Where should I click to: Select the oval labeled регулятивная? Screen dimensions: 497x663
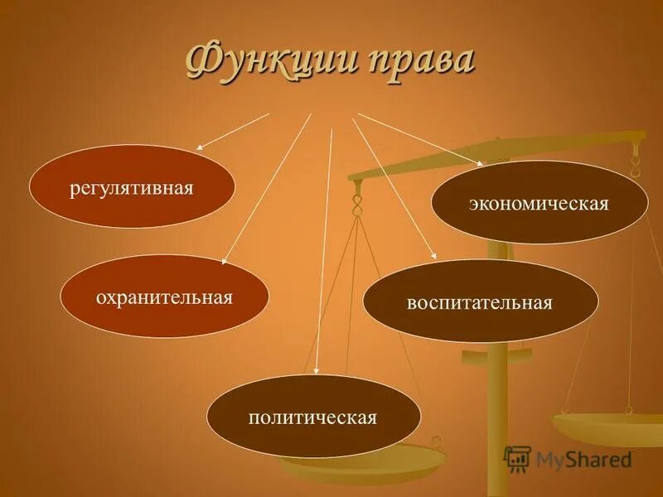132,186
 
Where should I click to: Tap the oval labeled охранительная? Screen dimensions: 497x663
164,297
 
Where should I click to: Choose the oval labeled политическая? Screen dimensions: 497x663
313,416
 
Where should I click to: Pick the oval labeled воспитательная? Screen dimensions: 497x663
480,302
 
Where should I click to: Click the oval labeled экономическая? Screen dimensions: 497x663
540,203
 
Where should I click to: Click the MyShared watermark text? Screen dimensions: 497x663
583,459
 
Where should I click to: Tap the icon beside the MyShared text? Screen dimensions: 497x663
517,458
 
